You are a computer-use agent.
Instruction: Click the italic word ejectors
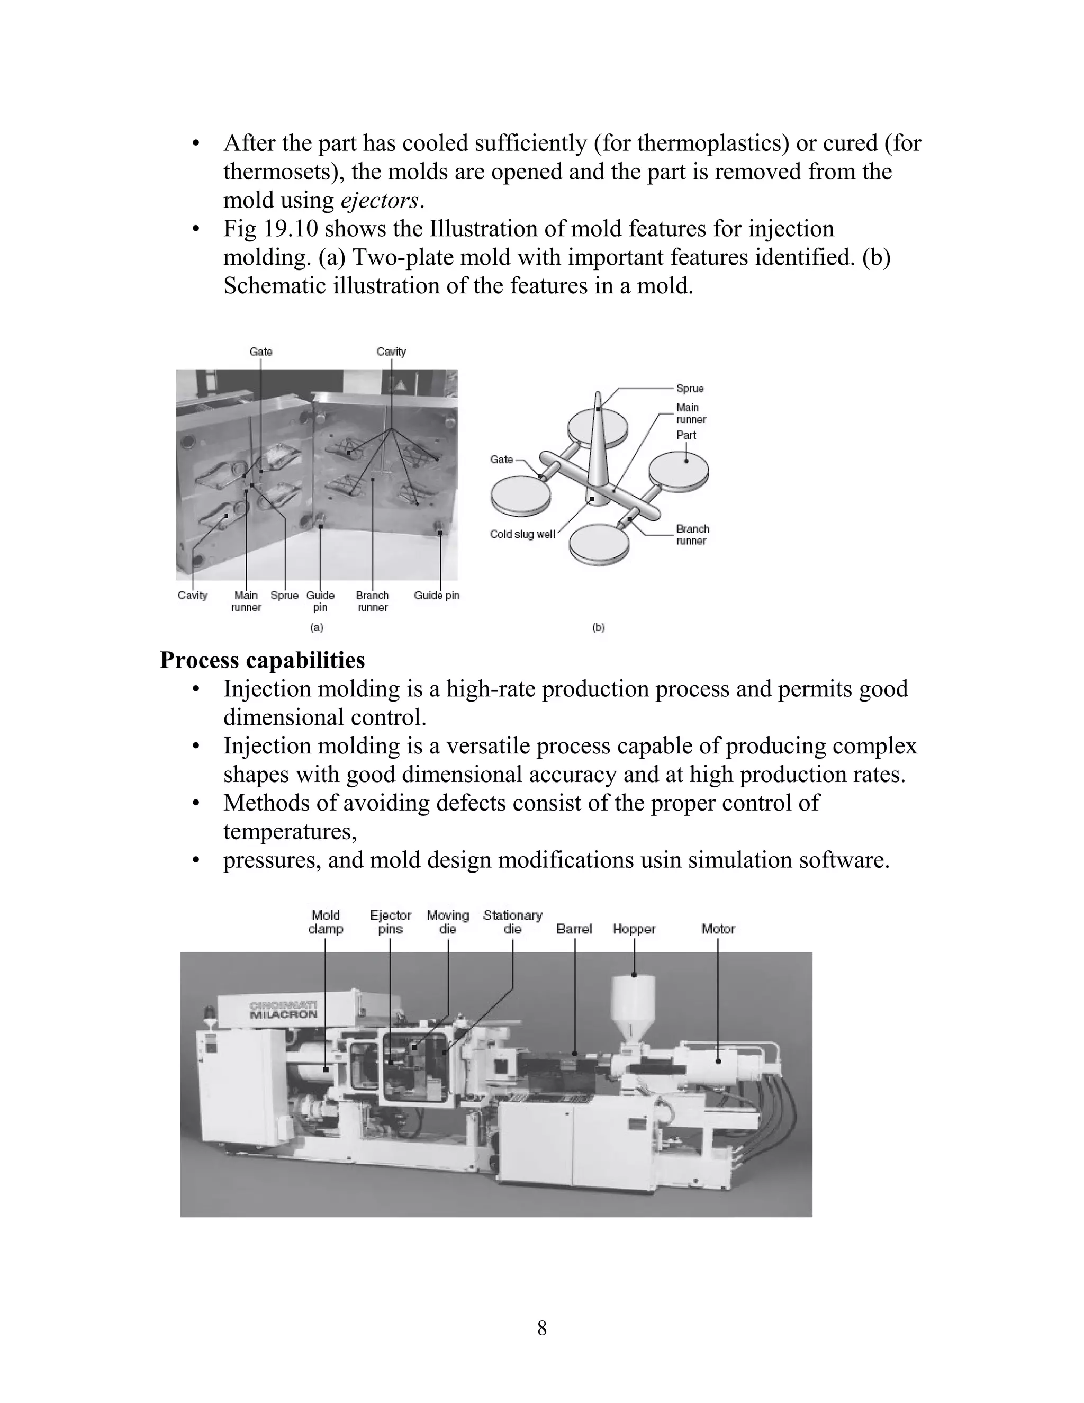(379, 201)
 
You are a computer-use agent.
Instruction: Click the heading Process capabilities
(262, 660)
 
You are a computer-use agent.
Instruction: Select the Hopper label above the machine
(634, 929)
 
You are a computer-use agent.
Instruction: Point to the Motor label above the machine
(718, 929)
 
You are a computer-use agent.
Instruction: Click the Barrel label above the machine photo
(574, 929)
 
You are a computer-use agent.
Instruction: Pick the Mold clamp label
(326, 922)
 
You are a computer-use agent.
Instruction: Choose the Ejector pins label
(391, 922)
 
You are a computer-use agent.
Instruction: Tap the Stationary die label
(512, 922)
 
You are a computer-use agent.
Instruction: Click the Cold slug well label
(522, 535)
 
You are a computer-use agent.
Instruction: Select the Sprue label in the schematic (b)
(690, 389)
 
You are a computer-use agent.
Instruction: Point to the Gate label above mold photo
(261, 352)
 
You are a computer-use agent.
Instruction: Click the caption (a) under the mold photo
(317, 627)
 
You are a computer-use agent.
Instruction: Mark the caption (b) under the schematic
(599, 627)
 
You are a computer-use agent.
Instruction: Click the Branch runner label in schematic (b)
(692, 535)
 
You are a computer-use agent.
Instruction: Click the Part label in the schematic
(686, 435)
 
